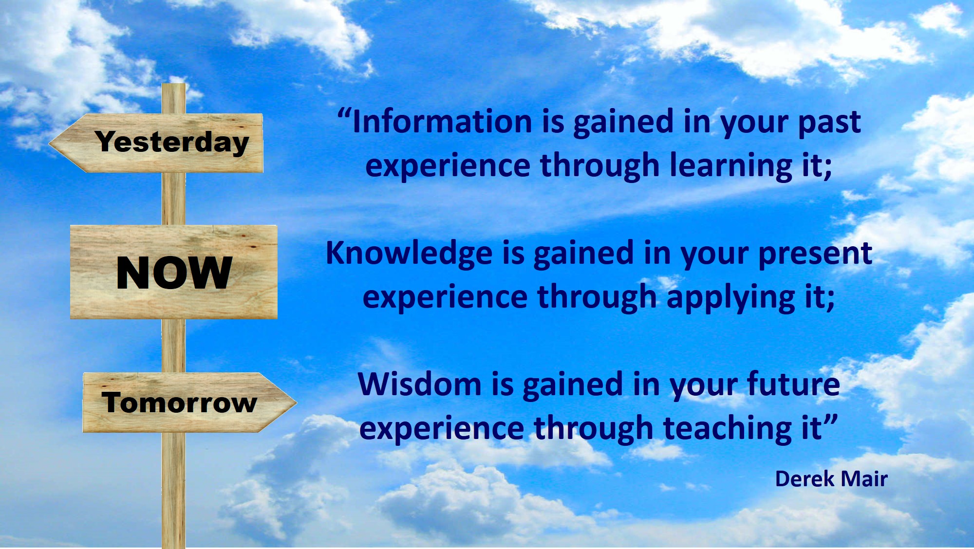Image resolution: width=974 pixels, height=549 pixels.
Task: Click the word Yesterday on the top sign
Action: tap(172, 142)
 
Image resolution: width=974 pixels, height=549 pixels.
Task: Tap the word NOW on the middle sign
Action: tap(174, 273)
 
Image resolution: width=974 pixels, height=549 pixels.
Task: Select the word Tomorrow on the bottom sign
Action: tap(179, 403)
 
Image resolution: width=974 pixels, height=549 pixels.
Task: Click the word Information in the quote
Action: tap(442, 121)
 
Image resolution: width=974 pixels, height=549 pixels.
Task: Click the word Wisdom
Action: tap(419, 384)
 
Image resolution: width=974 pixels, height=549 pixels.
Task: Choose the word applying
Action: tap(730, 298)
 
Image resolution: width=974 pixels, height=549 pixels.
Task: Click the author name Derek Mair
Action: tap(831, 479)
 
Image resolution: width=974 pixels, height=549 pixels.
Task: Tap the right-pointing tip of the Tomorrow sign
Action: tap(296, 402)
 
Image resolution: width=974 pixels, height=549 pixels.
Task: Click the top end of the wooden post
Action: tap(174, 84)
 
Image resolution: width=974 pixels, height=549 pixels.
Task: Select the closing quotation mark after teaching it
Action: tap(831, 420)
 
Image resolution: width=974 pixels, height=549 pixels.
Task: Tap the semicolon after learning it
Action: tap(828, 169)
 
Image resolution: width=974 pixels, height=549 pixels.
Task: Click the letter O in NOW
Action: tap(174, 273)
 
